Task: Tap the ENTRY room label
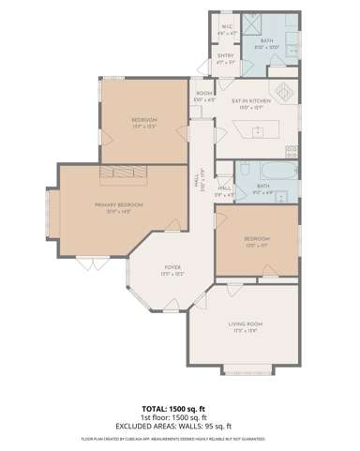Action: click(225, 60)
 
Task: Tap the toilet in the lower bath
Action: click(243, 170)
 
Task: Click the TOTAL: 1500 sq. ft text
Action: click(179, 409)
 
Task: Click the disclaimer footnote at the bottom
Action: click(179, 438)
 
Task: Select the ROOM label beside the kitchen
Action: click(203, 95)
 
